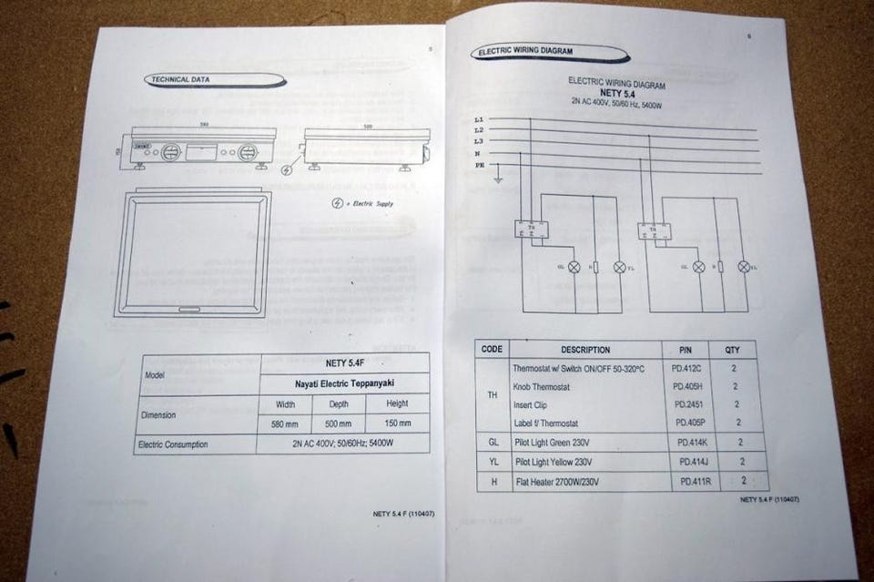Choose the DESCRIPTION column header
coord(585,350)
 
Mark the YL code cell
coord(493,462)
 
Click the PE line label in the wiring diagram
coord(480,165)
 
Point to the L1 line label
coord(480,120)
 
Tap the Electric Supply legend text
coord(370,204)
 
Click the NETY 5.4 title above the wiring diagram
coord(616,94)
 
